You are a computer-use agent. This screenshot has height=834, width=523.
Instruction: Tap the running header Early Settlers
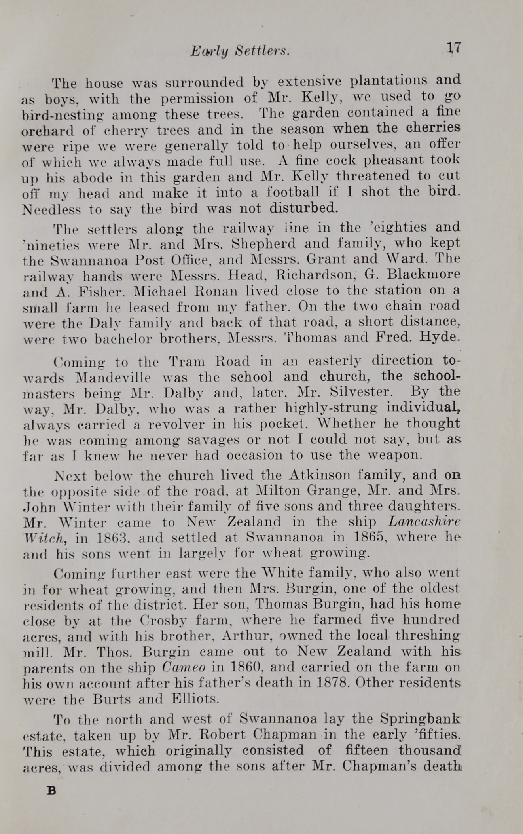[240, 51]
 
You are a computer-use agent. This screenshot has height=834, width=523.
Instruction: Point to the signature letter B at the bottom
[51, 790]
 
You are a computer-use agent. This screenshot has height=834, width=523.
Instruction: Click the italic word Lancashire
[425, 522]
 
